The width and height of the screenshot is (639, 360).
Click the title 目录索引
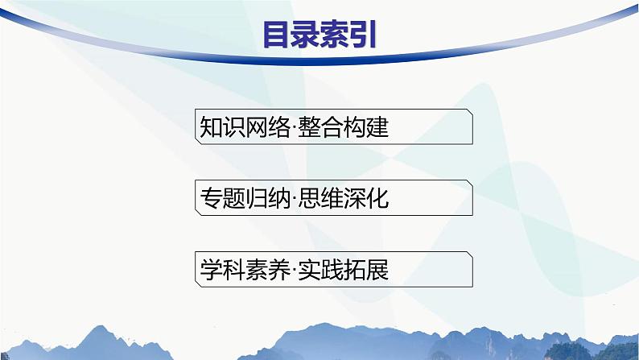coord(319,35)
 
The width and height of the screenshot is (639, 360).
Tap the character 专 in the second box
coord(208,199)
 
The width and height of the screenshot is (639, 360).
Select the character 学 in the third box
coord(208,270)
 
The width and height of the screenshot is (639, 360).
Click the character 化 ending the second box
coord(377,199)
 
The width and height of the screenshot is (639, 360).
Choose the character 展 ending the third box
coord(377,270)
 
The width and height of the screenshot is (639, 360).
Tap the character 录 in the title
coord(306,35)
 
